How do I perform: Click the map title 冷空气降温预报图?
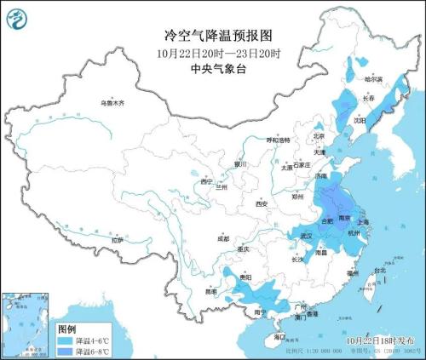click(212, 36)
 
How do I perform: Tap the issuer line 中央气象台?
click(212, 70)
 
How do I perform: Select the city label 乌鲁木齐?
click(111, 103)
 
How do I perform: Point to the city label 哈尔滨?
click(372, 78)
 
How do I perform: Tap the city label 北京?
click(319, 135)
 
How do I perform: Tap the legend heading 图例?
click(67, 328)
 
